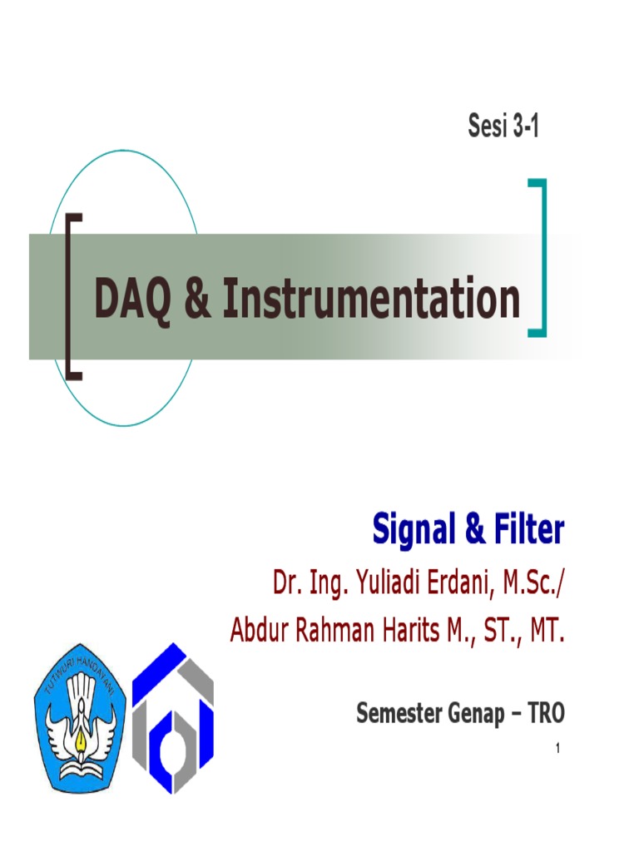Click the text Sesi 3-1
point(503,130)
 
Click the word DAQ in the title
point(133,300)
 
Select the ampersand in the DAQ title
point(198,300)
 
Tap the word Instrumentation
point(371,300)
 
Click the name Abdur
point(258,632)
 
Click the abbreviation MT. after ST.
point(545,632)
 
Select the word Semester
point(398,713)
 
